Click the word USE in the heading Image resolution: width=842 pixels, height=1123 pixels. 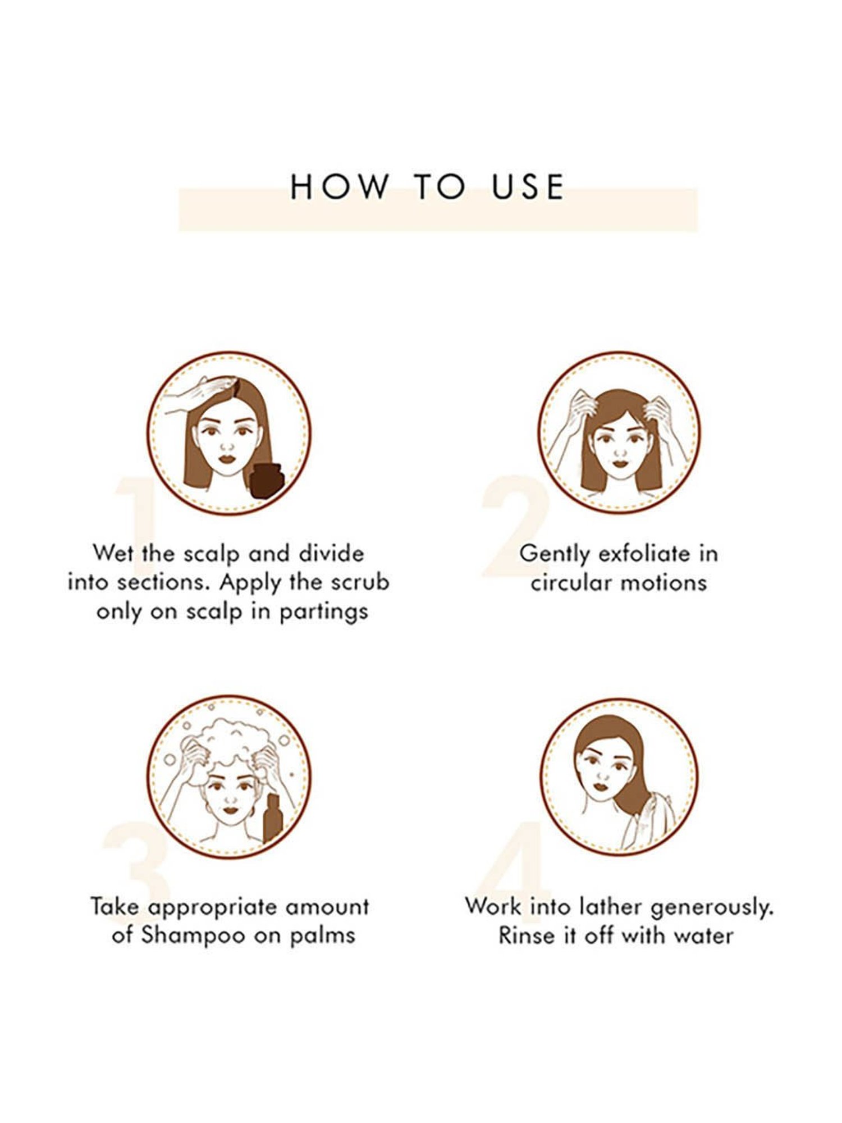click(528, 187)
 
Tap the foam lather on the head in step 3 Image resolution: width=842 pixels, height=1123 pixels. click(230, 741)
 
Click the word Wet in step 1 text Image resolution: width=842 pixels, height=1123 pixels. click(113, 553)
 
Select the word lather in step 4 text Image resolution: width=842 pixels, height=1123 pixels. click(611, 906)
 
